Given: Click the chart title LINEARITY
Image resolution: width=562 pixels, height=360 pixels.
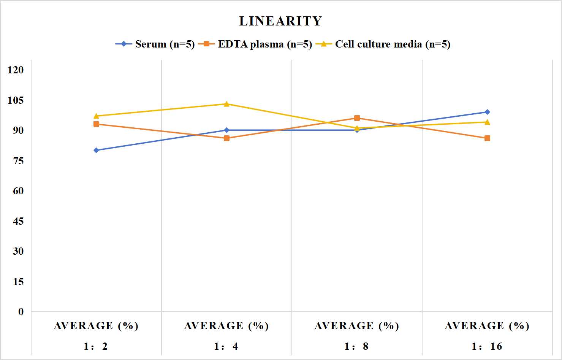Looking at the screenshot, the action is pos(280,21).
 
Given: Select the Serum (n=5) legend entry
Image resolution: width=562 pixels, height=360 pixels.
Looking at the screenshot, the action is pos(155,44).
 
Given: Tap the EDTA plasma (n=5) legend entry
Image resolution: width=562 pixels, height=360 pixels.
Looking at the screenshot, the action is pos(255,44).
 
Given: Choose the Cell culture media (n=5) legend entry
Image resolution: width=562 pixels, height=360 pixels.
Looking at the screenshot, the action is pos(383,44).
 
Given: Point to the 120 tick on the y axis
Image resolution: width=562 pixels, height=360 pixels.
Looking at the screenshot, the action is pos(16,70).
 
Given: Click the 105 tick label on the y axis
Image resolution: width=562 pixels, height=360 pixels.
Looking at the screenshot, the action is pos(16,100).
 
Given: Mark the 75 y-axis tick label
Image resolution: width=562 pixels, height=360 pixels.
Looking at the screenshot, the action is pos(18,161).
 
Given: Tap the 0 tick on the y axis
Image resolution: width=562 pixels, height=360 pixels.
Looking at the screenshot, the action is pos(21,312).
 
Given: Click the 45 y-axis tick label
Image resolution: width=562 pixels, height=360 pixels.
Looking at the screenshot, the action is pos(18,221).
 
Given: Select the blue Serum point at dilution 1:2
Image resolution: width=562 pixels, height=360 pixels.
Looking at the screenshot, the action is pos(96,150).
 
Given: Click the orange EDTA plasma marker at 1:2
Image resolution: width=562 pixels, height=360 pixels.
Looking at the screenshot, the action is pos(96,124).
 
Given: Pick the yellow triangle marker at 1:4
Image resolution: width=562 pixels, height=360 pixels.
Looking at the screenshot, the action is pos(226,104).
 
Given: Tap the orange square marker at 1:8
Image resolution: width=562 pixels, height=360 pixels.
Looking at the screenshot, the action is pos(357,118).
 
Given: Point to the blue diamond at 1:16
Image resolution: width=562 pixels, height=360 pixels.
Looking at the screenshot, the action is pos(487,112).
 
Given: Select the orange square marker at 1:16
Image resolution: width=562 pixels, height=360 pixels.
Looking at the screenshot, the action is pos(487,138).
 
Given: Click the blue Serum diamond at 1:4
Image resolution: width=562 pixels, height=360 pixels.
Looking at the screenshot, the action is pos(226,130).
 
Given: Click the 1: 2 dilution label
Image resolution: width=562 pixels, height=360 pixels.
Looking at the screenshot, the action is pos(96,346).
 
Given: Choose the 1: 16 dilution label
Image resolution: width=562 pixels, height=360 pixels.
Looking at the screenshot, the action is pos(487,346).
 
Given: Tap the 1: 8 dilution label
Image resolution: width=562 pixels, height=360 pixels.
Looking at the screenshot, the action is pos(356,346).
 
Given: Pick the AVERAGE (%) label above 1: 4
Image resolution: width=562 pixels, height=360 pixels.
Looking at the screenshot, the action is pos(226,326).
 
